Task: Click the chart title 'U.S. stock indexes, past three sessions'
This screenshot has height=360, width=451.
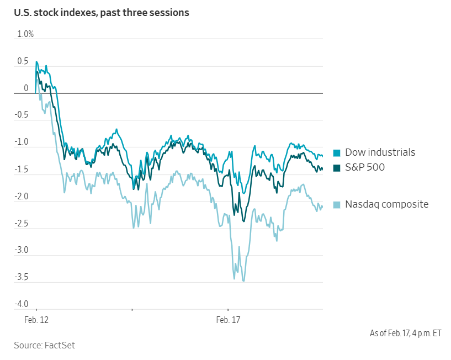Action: tap(102, 12)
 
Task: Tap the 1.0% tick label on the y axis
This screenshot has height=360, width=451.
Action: tap(25, 34)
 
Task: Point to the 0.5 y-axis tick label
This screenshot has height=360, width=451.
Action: tap(23, 61)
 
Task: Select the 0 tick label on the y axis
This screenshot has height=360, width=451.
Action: tap(25, 88)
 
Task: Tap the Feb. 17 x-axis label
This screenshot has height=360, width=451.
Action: tap(227, 320)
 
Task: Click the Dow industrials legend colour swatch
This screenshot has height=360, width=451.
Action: tap(337, 153)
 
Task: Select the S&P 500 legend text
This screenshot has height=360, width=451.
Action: tap(365, 167)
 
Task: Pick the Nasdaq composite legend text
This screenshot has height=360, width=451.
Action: tap(386, 204)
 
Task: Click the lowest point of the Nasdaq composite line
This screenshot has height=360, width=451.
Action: tap(243, 281)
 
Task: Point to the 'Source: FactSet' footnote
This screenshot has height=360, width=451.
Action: tap(44, 345)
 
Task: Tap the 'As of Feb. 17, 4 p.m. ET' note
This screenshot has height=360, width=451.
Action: tap(405, 333)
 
